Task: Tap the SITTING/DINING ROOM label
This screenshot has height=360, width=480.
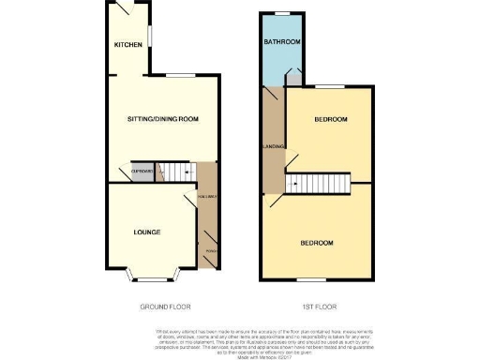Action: click(163, 119)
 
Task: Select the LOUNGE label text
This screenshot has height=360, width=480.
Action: click(146, 232)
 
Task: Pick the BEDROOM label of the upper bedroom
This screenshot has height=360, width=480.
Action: click(331, 119)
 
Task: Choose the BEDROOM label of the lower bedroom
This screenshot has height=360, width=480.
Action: click(317, 243)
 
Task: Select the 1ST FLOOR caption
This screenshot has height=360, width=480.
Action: click(319, 307)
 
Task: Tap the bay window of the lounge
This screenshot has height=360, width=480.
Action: click(150, 276)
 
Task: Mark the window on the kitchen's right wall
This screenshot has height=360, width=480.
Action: click(150, 36)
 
